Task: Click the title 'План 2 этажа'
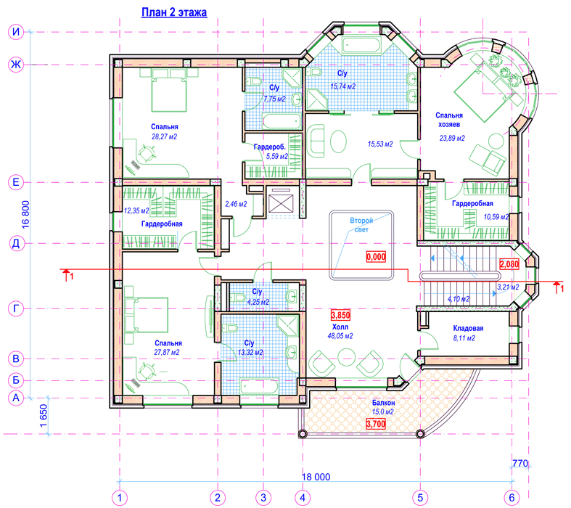(174, 12)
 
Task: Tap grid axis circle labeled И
(16, 32)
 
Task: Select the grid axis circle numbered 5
(420, 497)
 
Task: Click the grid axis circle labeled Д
(16, 243)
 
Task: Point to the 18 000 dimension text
(316, 477)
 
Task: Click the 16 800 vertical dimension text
(26, 215)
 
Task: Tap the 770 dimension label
(520, 463)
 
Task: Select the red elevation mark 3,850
(340, 315)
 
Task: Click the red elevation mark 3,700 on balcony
(376, 424)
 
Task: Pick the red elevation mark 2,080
(509, 264)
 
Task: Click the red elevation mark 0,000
(376, 257)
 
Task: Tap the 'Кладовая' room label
(468, 328)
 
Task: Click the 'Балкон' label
(384, 403)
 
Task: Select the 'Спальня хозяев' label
(449, 120)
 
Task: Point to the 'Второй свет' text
(361, 225)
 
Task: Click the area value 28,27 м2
(164, 136)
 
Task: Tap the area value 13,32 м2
(250, 353)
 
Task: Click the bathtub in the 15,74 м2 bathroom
(361, 46)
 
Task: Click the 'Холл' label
(340, 327)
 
